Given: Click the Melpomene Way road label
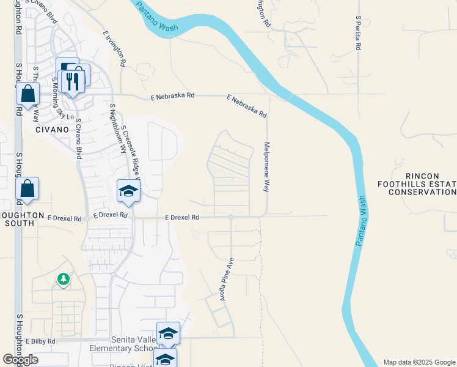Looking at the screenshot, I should point(266,168).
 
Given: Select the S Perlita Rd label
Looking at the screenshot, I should point(358,33).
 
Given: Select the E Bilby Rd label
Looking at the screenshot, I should point(40,341).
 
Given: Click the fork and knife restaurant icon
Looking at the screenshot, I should point(73,81).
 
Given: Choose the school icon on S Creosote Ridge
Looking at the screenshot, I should point(129,191).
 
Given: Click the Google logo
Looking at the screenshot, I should point(20,360).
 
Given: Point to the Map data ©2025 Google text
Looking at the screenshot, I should point(419,362).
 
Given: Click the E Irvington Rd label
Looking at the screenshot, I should point(115,48).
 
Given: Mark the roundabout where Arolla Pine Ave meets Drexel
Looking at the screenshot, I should point(231,217).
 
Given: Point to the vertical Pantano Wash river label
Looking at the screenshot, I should point(360,221).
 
